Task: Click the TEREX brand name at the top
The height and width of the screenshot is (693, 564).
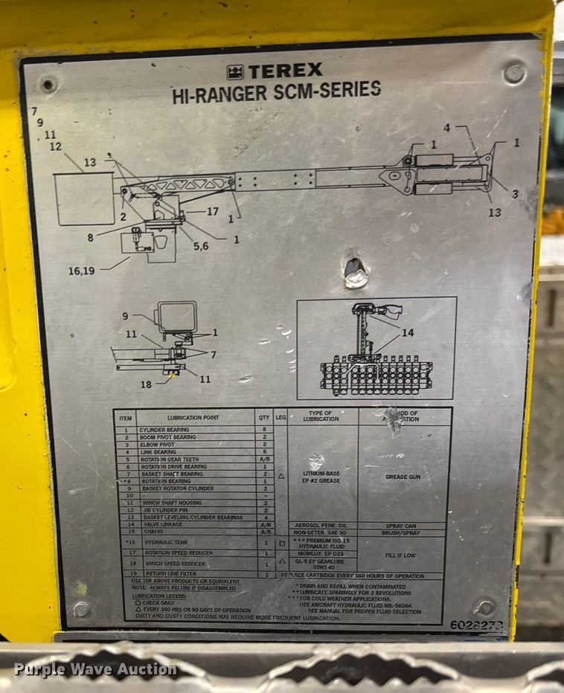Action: click(284, 71)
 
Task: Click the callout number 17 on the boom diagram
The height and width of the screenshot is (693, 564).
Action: click(212, 212)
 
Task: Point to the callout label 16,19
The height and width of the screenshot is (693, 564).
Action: click(82, 271)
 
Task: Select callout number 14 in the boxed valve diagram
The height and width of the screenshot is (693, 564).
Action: click(407, 333)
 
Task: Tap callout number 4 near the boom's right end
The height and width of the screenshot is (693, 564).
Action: click(446, 128)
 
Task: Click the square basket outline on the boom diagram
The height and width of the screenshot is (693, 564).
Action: click(84, 198)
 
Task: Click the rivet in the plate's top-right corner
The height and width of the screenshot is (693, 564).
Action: click(513, 73)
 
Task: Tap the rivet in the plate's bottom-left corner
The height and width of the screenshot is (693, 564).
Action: click(81, 609)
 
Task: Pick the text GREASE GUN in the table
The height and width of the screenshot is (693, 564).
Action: click(403, 476)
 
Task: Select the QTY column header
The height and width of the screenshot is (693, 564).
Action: click(264, 419)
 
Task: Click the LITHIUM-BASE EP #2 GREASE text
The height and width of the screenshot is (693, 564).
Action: click(322, 476)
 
